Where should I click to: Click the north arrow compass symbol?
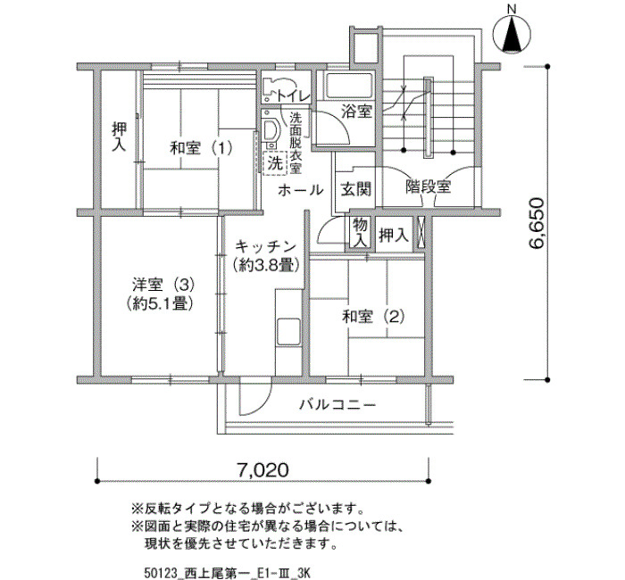coord(512,34)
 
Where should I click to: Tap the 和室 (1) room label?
coord(201,149)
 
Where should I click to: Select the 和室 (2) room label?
coord(373,318)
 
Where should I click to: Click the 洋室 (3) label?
coord(163,286)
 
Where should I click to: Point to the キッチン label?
coord(266,247)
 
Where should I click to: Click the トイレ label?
coord(293,96)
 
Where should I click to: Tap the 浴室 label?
coord(357,112)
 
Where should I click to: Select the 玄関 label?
coord(356,189)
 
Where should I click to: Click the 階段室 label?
coord(428,186)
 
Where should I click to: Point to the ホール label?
coord(301,190)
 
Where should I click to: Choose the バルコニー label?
coord(337,405)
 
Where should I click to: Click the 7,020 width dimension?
coord(262,470)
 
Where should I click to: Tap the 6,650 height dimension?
coord(537,223)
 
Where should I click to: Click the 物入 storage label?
coord(361,233)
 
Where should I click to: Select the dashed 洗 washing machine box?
coord(275,163)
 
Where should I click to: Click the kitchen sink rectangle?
coord(288,331)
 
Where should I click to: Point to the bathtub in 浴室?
coord(349,86)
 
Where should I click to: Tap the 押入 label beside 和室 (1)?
coord(119,137)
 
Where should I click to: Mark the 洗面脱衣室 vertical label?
coord(296,143)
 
